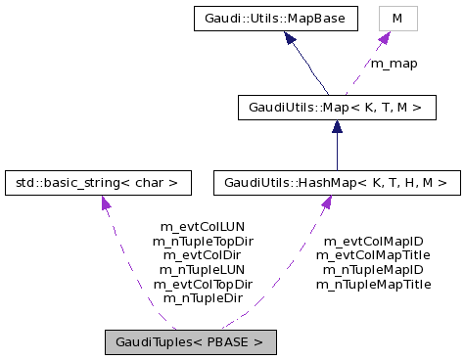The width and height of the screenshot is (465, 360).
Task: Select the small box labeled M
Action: click(396, 18)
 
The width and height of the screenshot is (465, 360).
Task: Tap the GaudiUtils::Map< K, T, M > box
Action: click(336, 107)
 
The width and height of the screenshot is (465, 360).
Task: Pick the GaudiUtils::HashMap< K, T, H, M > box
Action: click(336, 182)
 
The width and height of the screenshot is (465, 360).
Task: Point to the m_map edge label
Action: click(393, 64)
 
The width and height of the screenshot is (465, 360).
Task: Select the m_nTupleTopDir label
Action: click(203, 240)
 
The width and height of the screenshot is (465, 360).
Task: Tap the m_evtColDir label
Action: click(203, 254)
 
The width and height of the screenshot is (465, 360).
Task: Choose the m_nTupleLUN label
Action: click(203, 269)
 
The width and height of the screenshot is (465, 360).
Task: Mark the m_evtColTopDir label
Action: click(203, 284)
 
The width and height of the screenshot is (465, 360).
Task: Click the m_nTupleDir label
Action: click(203, 297)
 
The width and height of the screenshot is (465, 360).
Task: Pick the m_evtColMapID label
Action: click(373, 241)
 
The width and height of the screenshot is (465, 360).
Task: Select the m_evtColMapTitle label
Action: click(373, 254)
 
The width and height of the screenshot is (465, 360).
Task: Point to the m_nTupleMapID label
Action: click(373, 269)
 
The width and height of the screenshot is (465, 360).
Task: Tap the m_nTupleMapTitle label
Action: click(373, 284)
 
